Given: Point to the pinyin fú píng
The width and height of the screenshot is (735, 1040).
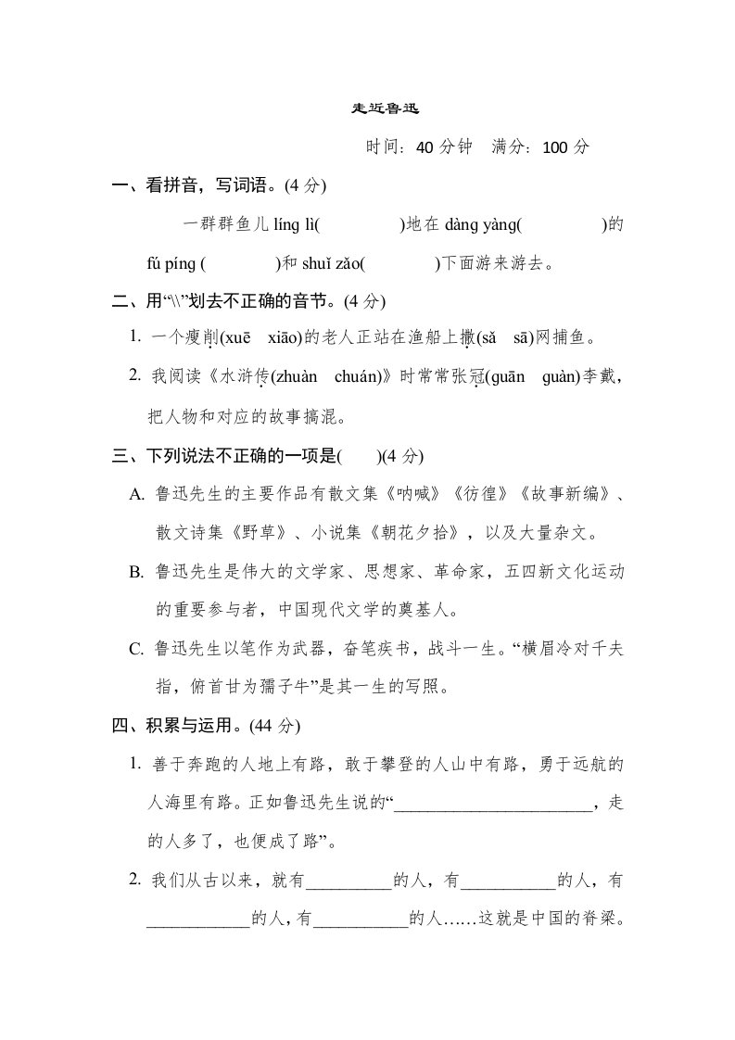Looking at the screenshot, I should (171, 263).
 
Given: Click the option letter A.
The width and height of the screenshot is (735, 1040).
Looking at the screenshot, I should (137, 494).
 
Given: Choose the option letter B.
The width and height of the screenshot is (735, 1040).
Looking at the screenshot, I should (136, 572).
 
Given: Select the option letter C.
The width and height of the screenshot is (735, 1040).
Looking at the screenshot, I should (136, 650).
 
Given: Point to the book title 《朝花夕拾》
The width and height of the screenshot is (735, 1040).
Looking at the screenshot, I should (407, 533).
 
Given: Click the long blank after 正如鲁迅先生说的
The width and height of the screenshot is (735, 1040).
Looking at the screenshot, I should (492, 805).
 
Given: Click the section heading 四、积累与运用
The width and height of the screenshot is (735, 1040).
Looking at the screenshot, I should (172, 726).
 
